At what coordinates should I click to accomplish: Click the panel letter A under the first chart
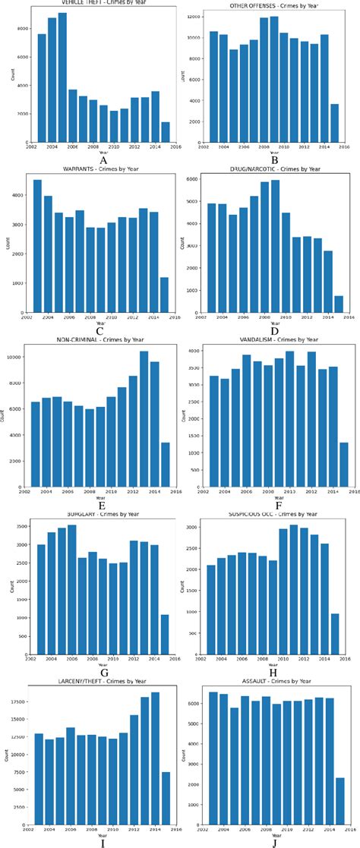(x=103, y=161)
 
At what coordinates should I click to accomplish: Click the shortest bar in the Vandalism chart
(x=343, y=465)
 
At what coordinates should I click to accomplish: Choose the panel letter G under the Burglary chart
(x=103, y=672)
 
